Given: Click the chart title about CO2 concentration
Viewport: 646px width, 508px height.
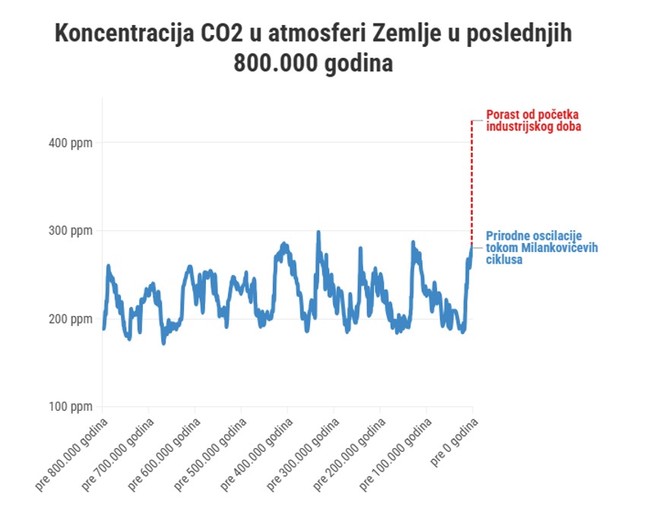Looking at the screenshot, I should pos(313,48).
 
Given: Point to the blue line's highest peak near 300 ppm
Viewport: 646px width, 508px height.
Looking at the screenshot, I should pos(318,233).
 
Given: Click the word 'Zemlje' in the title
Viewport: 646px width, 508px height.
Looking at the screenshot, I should pos(414,34).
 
